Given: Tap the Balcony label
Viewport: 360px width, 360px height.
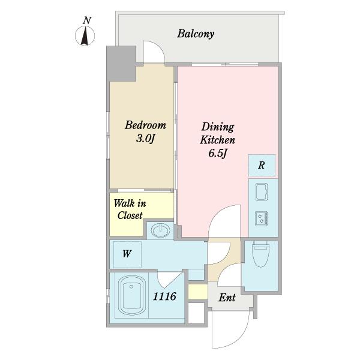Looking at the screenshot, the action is (x=196, y=34).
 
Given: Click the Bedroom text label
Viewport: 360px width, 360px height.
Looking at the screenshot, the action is (x=145, y=125).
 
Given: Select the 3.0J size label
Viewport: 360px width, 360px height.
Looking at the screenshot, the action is (x=146, y=139).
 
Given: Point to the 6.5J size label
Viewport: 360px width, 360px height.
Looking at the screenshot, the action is (x=218, y=153).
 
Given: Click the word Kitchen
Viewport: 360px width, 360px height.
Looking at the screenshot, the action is (x=217, y=140).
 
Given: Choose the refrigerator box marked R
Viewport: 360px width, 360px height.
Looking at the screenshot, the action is (x=262, y=166).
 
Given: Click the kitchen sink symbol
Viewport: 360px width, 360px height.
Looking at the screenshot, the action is (x=262, y=192).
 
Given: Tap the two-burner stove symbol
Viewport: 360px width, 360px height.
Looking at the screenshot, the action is (x=262, y=218).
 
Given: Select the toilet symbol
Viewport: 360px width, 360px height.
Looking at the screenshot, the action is (x=260, y=254).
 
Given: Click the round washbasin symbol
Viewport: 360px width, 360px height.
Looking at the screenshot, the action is (x=160, y=230).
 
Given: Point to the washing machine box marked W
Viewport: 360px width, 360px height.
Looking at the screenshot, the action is (x=127, y=254).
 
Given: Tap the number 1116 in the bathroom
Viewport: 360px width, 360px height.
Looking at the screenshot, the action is (x=164, y=296).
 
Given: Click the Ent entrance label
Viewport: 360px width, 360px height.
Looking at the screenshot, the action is (x=227, y=298).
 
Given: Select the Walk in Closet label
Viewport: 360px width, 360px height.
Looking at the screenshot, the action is (x=130, y=209).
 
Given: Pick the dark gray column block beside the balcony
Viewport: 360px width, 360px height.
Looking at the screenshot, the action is (x=121, y=64).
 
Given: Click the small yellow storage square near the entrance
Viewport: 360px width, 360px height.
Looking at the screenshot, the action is (x=198, y=292).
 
